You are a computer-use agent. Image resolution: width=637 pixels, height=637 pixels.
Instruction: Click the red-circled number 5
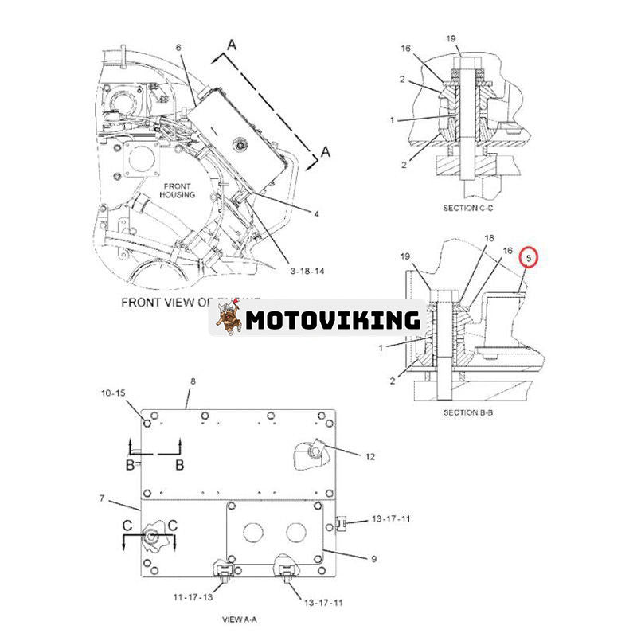tap(528, 259)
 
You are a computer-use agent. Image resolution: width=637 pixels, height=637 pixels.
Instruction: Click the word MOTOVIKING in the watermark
tap(332, 320)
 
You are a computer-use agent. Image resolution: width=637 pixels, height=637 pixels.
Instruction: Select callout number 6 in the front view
tap(178, 48)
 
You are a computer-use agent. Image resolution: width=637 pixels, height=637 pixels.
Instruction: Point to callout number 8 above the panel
tap(192, 381)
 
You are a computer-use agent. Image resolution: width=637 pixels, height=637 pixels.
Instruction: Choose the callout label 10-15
tap(113, 393)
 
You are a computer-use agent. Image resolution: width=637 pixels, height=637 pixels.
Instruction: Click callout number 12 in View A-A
tap(369, 456)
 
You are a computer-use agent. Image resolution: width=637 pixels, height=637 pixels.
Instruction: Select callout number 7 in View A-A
tap(102, 498)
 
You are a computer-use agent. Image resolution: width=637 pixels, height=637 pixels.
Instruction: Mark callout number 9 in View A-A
tap(372, 560)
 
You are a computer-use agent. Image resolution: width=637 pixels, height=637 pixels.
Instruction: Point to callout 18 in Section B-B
tap(490, 238)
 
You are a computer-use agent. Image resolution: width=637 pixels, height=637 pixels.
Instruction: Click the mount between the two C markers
tap(150, 537)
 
